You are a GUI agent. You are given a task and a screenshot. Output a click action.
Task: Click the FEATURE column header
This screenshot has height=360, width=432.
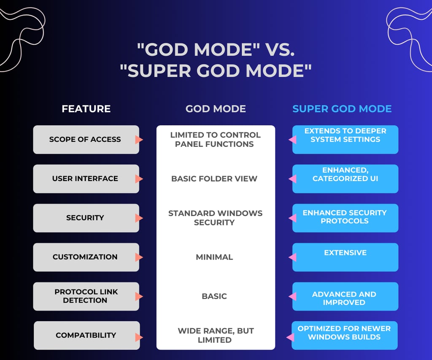[86, 109]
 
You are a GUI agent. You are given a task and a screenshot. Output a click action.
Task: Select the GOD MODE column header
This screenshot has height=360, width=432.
[216, 109]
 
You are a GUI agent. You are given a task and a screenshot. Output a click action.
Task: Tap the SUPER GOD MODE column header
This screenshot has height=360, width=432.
[342, 109]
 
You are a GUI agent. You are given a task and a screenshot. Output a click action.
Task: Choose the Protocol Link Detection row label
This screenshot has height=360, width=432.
[86, 296]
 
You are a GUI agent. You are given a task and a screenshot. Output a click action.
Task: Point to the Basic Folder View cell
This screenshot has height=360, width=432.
[214, 179]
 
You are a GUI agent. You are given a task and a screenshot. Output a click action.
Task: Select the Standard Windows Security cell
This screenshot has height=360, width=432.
[215, 218]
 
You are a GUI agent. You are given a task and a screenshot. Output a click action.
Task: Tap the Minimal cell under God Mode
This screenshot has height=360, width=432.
[214, 257]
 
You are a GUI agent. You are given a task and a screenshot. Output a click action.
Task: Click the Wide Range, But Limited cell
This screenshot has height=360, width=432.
[216, 335]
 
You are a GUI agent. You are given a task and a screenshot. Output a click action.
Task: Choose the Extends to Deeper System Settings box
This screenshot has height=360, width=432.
[345, 139]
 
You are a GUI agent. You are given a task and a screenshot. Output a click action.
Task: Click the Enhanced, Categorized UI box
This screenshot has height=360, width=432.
[345, 179]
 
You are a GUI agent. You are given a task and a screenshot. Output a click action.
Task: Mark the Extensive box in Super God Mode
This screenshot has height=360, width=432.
[345, 257]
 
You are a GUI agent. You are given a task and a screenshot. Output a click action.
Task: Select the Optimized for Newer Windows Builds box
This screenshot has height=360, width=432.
[344, 336]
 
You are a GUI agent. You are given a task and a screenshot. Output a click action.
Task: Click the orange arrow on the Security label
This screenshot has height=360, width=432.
[139, 218]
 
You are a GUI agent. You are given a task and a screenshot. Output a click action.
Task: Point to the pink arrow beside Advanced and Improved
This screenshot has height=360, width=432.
[292, 297]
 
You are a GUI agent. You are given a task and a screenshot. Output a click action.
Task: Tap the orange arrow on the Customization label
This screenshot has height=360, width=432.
[139, 257]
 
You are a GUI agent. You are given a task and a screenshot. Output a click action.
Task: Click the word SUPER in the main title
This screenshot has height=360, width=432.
[159, 70]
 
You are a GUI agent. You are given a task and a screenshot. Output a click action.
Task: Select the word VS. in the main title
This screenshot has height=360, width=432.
[280, 50]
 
